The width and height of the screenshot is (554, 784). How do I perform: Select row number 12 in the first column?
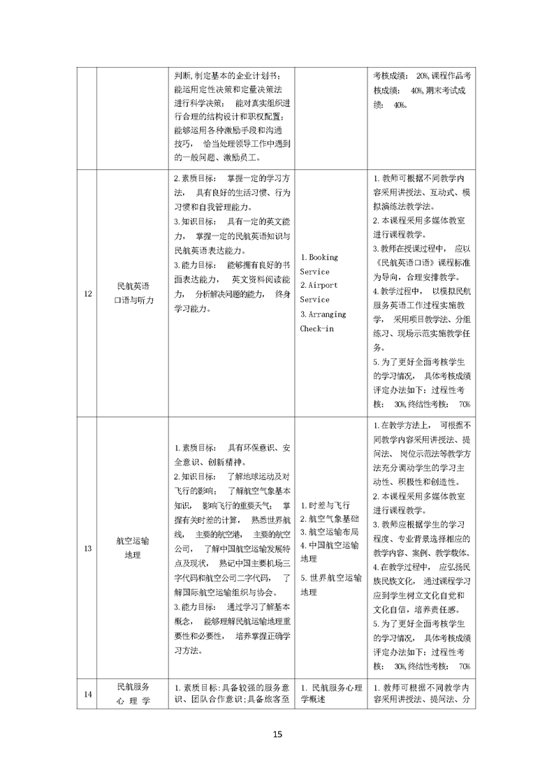point(88,293)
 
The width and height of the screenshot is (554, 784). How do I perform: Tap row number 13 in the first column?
point(88,549)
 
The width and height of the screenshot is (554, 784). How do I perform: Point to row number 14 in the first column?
point(88,694)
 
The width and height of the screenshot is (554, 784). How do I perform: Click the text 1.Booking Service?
point(319,264)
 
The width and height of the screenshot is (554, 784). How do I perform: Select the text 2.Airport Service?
point(319,292)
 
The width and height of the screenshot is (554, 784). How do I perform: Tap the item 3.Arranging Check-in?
point(319,320)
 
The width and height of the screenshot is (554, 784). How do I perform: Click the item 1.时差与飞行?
point(325,505)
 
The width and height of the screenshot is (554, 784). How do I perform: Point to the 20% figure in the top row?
point(422,75)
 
